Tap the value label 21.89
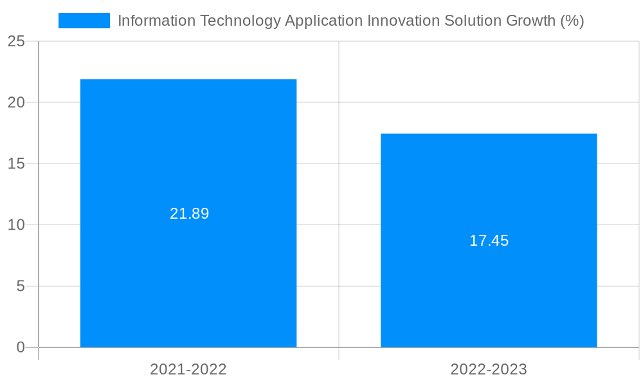(x=189, y=214)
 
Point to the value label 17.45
(x=489, y=241)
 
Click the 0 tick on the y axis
(x=20, y=347)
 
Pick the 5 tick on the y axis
(x=20, y=286)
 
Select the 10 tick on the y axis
(x=16, y=225)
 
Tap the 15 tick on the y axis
(x=16, y=163)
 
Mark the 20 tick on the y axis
(x=16, y=102)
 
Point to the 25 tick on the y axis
(x=16, y=41)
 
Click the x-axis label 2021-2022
(x=188, y=369)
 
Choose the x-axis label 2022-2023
(x=489, y=369)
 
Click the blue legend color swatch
(x=84, y=21)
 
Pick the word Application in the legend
(x=323, y=21)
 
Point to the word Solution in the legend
(x=473, y=21)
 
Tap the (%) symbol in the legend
(x=572, y=21)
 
